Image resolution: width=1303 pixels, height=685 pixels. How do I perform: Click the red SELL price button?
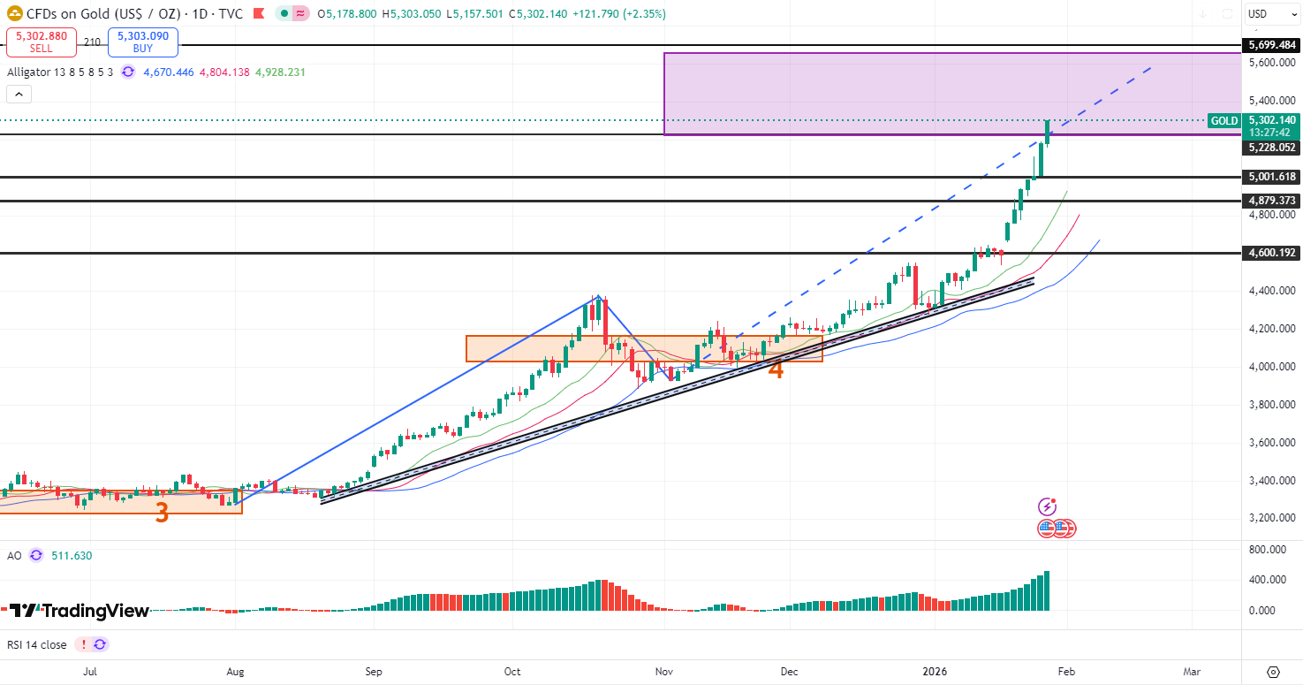pos(41,42)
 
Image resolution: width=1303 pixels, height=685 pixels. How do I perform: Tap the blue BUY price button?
pos(142,42)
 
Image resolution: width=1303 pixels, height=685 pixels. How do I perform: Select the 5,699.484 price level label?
pos(1272,45)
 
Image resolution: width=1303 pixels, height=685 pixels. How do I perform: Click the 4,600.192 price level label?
pos(1272,253)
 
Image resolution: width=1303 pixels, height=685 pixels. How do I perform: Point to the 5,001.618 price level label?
pos(1272,177)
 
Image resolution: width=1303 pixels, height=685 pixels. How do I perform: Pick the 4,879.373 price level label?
pos(1272,201)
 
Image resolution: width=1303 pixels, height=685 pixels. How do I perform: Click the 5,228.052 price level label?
pos(1272,148)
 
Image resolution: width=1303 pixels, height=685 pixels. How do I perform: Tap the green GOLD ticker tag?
pos(1223,120)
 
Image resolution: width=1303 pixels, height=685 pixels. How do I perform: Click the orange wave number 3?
pos(162,513)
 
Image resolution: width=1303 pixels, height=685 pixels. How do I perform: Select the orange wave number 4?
pos(776,369)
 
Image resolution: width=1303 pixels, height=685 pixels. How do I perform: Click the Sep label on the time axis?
pos(374,672)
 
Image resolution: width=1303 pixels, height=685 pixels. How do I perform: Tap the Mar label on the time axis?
pos(1193,672)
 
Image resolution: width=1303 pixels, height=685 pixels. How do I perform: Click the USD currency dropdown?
pos(1270,14)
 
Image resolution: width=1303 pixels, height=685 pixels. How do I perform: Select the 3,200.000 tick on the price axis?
pos(1272,518)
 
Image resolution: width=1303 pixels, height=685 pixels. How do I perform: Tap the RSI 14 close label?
pos(36,644)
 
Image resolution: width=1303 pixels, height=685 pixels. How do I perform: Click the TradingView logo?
pos(80,611)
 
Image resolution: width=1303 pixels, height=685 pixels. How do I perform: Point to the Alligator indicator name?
pos(30,72)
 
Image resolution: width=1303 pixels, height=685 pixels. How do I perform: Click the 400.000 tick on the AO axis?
pos(1272,580)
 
